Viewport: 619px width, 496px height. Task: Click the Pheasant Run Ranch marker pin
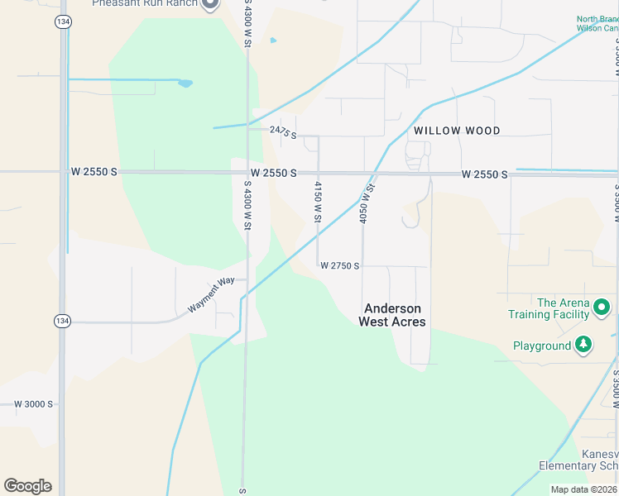209,3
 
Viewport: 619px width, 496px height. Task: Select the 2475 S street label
283,131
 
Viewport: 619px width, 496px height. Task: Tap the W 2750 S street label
339,266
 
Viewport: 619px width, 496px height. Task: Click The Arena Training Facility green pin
602,308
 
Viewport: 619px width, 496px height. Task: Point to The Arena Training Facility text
549,308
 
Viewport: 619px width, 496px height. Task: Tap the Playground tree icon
583,345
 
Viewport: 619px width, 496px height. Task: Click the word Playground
542,346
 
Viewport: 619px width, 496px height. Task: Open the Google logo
27,486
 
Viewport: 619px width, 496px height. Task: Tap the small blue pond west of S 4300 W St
185,83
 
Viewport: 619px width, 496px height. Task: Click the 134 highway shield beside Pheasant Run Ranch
63,22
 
